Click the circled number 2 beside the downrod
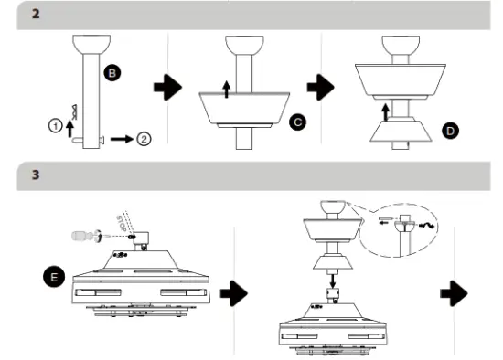(x=144, y=139)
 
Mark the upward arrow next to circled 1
(x=70, y=127)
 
